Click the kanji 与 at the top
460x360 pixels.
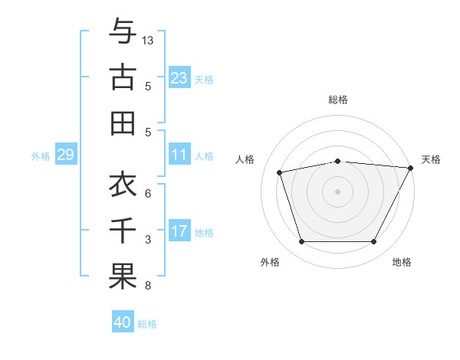click(x=123, y=31)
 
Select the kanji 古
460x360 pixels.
click(x=123, y=77)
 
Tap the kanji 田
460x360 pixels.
click(x=123, y=123)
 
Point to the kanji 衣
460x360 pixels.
click(x=123, y=185)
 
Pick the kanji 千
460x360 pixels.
click(x=123, y=231)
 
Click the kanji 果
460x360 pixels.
click(x=123, y=277)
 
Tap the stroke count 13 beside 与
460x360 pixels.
click(x=148, y=40)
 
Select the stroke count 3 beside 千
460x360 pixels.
click(x=148, y=240)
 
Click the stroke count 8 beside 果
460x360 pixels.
click(x=148, y=286)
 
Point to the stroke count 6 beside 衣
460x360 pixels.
click(x=148, y=194)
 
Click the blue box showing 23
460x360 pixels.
click(x=179, y=78)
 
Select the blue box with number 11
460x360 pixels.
click(x=179, y=155)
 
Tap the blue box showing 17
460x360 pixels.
click(x=179, y=232)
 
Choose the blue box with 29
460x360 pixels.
click(x=65, y=155)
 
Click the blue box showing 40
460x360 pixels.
click(x=123, y=322)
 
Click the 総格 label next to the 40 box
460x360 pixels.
click(x=147, y=324)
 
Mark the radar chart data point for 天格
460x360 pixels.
click(x=411, y=168)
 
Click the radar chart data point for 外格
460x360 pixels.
click(x=301, y=242)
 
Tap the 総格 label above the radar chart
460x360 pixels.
click(x=337, y=100)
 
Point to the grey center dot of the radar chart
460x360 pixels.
click(x=337, y=191)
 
